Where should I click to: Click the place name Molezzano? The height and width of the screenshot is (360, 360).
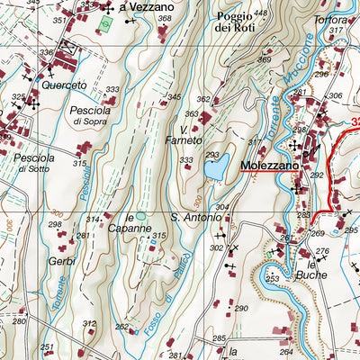click(x=268, y=165)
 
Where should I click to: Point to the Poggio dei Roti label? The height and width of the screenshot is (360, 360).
click(x=236, y=21)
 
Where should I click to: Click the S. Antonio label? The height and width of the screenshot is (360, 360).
click(x=194, y=217)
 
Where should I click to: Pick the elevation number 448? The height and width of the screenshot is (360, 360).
click(x=261, y=13)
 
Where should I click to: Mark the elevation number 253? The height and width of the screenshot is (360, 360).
click(x=273, y=280)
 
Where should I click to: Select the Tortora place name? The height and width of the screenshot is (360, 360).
click(x=331, y=20)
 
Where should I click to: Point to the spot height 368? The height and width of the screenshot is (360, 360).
click(x=165, y=18)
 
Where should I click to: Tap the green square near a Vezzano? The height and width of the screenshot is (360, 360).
click(x=107, y=22)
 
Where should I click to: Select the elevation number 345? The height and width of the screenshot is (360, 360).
click(x=175, y=96)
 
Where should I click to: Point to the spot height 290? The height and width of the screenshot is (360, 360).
click(x=240, y=309)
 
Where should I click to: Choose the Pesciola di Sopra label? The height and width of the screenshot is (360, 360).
click(x=91, y=114)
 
